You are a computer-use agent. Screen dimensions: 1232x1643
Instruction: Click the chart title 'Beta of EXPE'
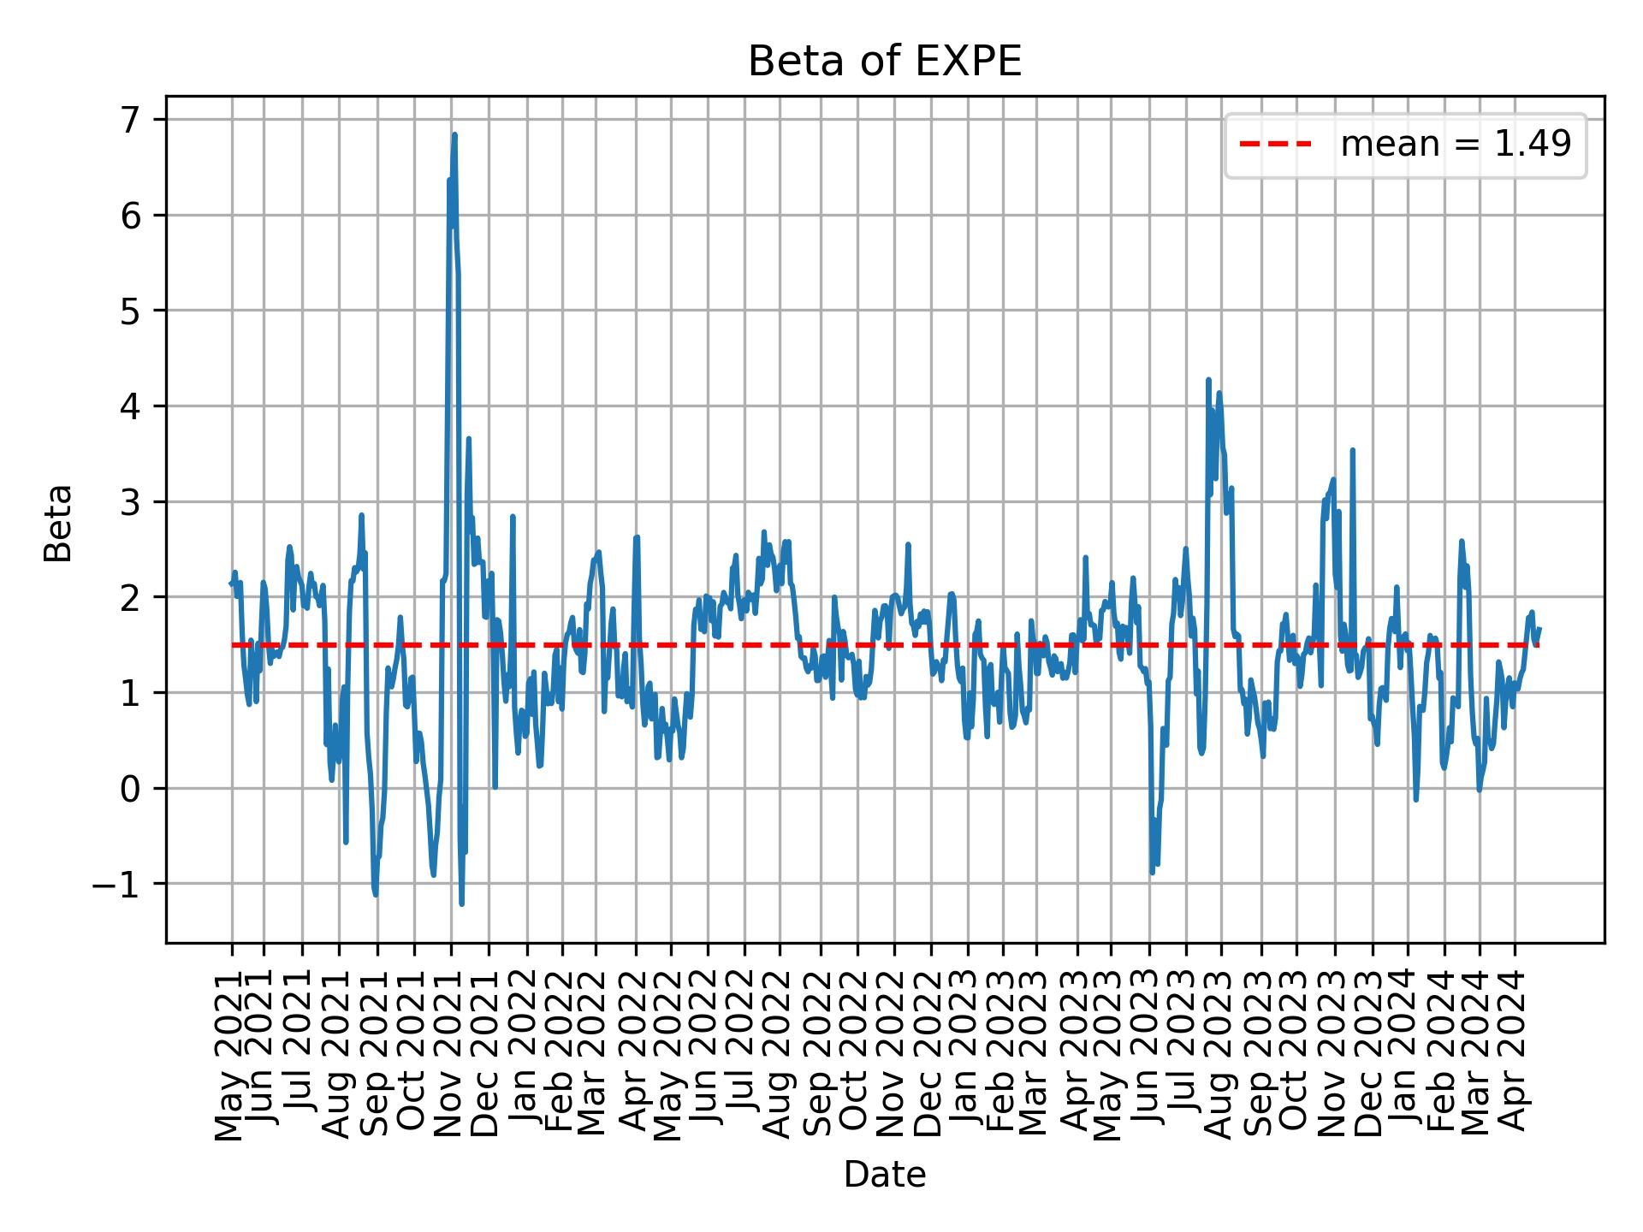(884, 62)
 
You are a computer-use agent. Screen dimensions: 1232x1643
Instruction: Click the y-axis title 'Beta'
(58, 523)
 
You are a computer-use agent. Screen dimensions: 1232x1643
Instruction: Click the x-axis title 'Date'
(884, 1175)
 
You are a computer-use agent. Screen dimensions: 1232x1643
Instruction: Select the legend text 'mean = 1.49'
(1455, 145)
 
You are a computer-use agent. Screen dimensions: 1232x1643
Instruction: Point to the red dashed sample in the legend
(1275, 145)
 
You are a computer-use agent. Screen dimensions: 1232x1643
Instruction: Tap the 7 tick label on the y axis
(128, 120)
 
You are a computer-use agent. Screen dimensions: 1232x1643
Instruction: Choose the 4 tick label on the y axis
(128, 406)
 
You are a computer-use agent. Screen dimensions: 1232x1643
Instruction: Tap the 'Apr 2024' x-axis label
(1515, 1054)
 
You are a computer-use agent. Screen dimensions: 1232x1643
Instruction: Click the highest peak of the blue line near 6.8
(454, 135)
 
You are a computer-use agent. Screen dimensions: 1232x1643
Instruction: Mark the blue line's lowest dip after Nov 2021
(461, 903)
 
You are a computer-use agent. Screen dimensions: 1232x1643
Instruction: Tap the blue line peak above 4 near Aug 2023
(1208, 380)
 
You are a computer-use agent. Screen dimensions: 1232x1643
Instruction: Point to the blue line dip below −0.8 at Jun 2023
(1152, 872)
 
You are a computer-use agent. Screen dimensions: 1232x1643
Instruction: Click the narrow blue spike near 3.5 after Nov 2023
(1352, 450)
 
